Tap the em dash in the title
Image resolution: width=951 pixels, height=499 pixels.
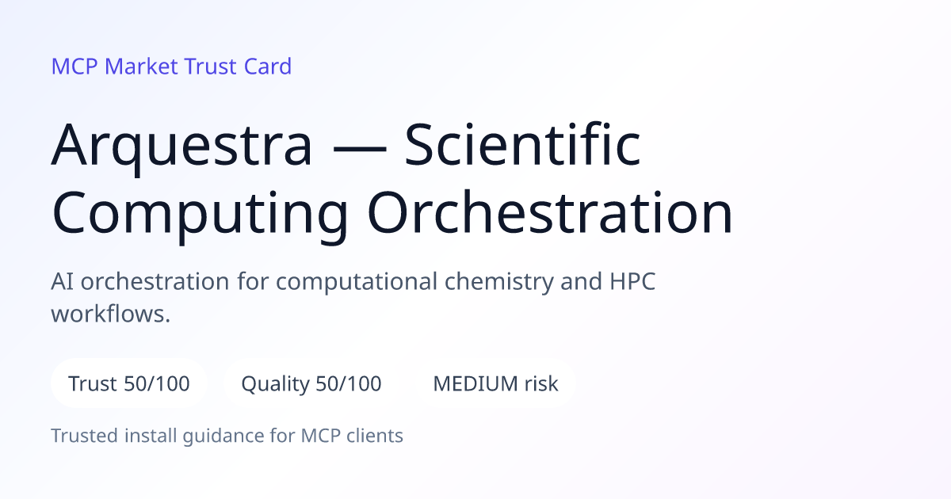(360, 149)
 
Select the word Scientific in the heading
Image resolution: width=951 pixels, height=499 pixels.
(522, 143)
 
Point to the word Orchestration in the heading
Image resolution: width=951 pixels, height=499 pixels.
(550, 211)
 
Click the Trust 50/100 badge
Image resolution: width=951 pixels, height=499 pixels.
(129, 383)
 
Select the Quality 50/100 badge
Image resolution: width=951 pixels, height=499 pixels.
(311, 383)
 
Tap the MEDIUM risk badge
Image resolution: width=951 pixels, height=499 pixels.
(495, 383)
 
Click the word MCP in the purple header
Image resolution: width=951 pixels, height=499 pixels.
(74, 67)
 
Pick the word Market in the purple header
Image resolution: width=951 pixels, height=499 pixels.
(141, 67)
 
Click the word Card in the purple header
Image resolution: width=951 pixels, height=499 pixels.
(268, 67)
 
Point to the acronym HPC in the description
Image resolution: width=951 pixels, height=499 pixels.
(632, 281)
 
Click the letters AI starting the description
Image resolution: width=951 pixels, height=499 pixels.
(62, 281)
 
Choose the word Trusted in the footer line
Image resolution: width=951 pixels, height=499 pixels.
(85, 436)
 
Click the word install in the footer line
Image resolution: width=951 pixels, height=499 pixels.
(151, 436)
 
